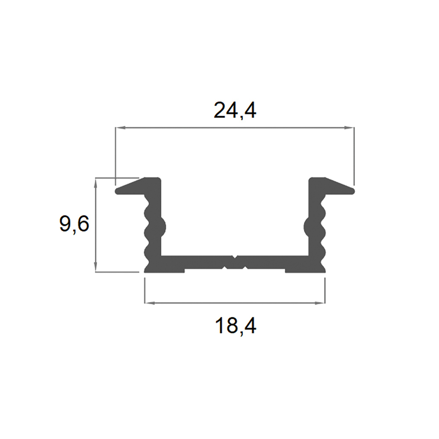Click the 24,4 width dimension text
[x=234, y=111]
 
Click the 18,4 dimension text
[x=235, y=326]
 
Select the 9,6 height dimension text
[x=74, y=224]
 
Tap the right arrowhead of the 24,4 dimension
[x=349, y=128]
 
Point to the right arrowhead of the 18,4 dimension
[x=320, y=303]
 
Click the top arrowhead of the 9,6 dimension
[x=95, y=183]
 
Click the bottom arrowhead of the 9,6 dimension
[x=95, y=267]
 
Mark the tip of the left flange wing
[x=116, y=191]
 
